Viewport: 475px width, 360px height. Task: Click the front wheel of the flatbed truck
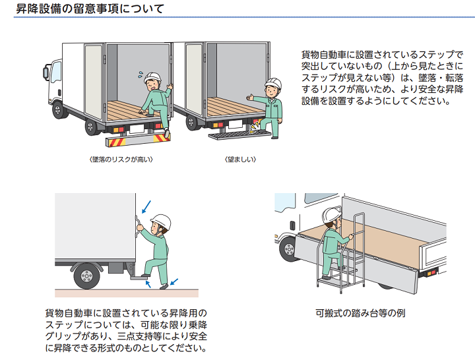click(x=290, y=249)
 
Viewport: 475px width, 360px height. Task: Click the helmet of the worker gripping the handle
click(x=160, y=222)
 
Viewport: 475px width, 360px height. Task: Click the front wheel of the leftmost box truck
click(x=61, y=109)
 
